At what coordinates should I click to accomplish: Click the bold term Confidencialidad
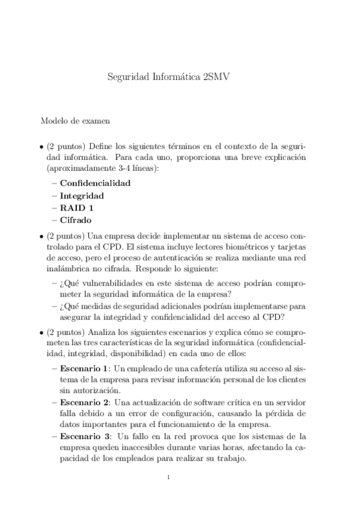tap(95, 183)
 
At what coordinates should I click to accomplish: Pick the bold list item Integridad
tap(82, 195)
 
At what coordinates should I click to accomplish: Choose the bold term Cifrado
tap(76, 220)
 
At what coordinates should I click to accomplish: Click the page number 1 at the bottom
tap(169, 478)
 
